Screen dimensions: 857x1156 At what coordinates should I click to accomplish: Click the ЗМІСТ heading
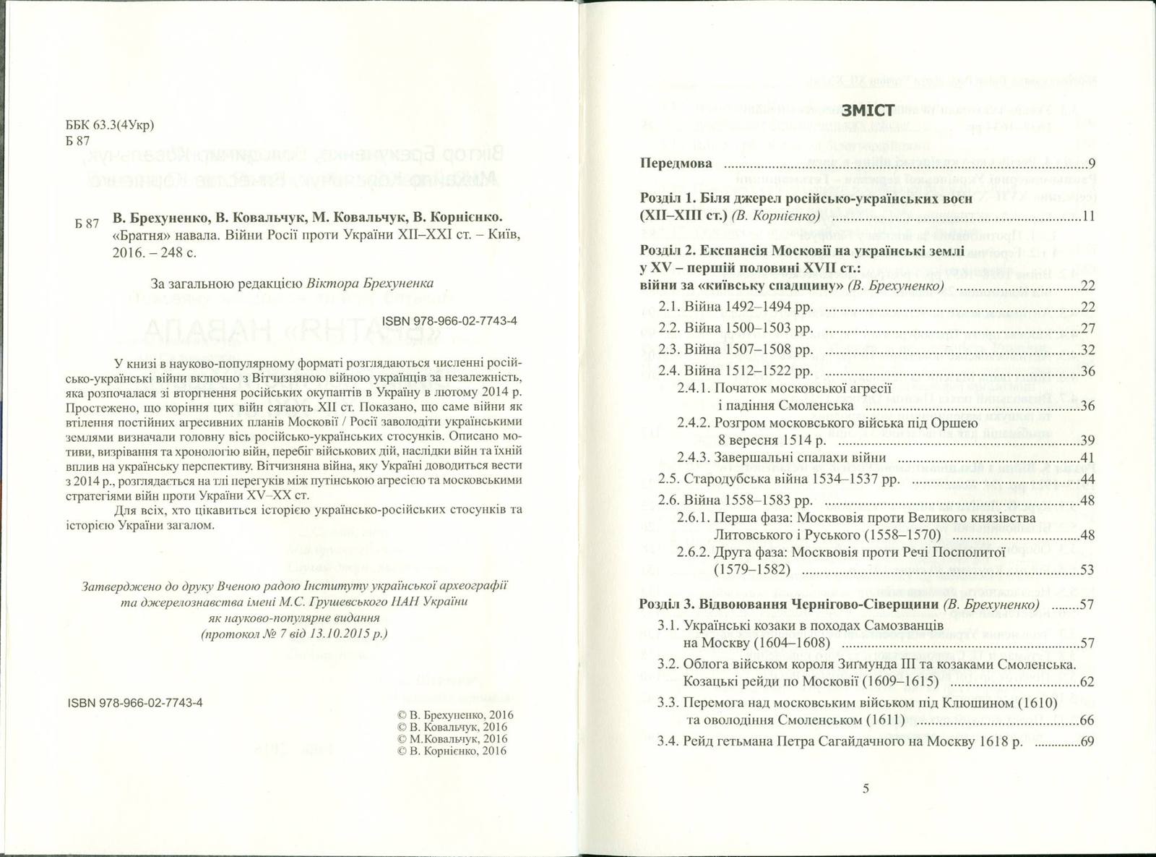[x=868, y=110]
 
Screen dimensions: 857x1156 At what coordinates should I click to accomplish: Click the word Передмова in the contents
[x=676, y=163]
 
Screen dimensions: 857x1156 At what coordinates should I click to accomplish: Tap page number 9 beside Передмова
[x=1091, y=163]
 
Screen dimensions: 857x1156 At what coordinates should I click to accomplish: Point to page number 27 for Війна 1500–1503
[x=1087, y=328]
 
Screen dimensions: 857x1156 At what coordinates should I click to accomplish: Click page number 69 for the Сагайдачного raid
[x=1087, y=742]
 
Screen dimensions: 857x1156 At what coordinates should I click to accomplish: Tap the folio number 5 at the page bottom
[x=866, y=789]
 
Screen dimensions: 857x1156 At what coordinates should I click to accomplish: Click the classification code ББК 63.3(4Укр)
[x=110, y=124]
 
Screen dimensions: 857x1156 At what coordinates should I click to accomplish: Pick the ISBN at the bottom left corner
[x=134, y=702]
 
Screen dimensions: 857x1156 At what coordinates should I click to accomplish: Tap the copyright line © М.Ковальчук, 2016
[x=452, y=738]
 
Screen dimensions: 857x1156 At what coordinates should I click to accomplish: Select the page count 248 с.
[x=171, y=253]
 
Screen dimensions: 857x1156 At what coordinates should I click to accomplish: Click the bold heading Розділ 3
[x=667, y=604]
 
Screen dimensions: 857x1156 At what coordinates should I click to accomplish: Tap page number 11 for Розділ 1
[x=1088, y=216]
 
